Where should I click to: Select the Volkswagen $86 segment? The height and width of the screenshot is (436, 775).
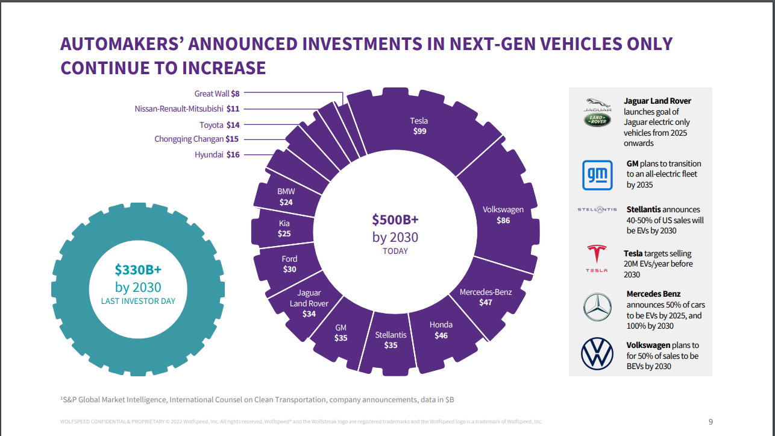(x=503, y=215)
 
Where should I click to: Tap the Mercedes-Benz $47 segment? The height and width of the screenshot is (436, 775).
(x=485, y=297)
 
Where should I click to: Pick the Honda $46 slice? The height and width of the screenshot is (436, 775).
(x=441, y=330)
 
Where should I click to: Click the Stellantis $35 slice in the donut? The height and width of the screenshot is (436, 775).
(x=391, y=340)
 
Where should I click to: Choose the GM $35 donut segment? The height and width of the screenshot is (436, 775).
(x=340, y=333)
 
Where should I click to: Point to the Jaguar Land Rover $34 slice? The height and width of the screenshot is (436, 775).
(x=309, y=303)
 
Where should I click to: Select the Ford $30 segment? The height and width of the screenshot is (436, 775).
(x=289, y=264)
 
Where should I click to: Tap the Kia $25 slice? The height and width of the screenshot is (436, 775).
(x=284, y=228)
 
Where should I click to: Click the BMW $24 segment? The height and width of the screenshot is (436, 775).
(x=286, y=197)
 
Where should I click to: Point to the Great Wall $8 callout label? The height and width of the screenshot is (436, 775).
(x=217, y=93)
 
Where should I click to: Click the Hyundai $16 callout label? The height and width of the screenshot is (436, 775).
(x=217, y=155)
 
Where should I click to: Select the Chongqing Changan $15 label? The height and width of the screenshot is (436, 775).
(x=197, y=139)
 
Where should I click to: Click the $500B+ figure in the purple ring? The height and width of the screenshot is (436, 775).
(x=395, y=219)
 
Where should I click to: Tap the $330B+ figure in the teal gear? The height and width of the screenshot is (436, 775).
(x=138, y=270)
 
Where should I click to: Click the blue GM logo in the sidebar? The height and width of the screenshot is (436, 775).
(x=597, y=175)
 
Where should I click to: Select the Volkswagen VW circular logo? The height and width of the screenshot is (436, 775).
(x=597, y=354)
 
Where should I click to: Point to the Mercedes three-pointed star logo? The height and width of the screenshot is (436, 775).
(x=597, y=306)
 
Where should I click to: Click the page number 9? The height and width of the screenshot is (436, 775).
(x=710, y=422)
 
